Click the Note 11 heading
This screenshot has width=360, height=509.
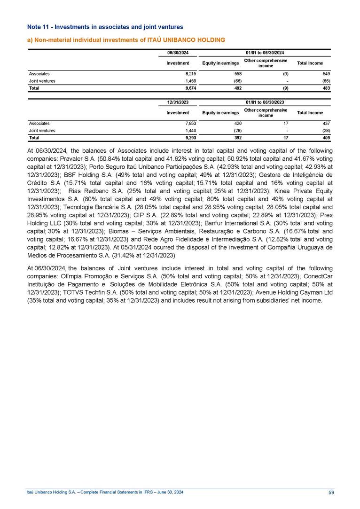(x=104, y=27)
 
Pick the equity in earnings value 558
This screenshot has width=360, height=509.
(x=237, y=74)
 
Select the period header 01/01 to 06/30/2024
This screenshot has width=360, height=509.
(x=265, y=52)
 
